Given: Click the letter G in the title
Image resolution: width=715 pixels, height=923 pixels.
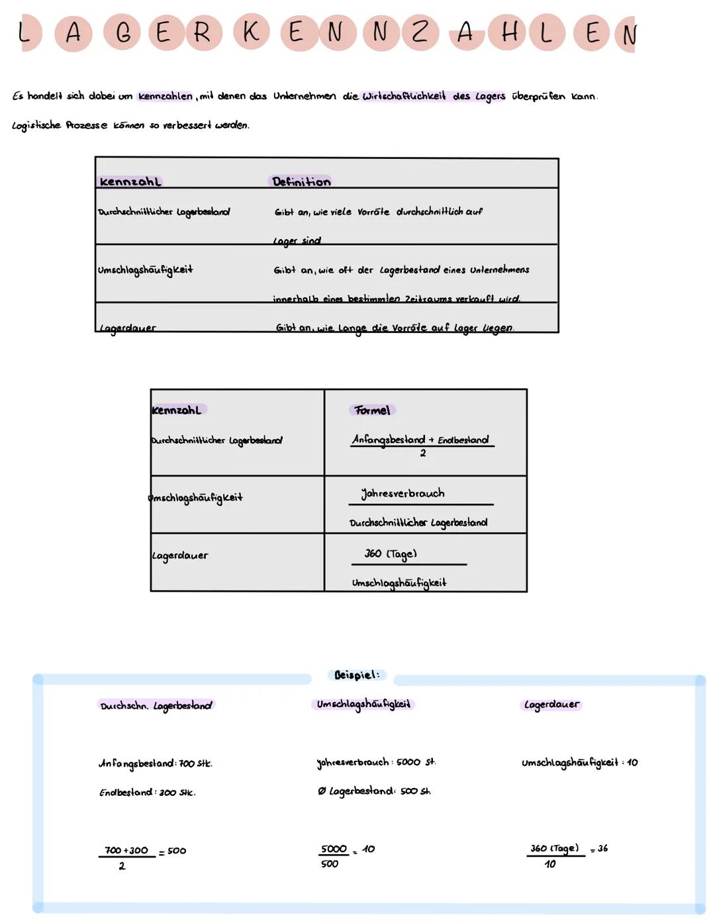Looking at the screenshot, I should pyautogui.click(x=124, y=32).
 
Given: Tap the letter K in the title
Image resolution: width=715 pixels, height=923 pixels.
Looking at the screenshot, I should pyautogui.click(x=251, y=31).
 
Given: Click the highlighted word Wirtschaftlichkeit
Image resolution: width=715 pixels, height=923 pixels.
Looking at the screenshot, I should pyautogui.click(x=404, y=96).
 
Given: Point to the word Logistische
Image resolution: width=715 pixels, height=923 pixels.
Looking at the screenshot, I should pyautogui.click(x=36, y=125).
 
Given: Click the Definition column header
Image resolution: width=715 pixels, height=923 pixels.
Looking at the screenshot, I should pyautogui.click(x=301, y=181).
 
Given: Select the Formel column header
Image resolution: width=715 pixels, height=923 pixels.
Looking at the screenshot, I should pyautogui.click(x=372, y=411).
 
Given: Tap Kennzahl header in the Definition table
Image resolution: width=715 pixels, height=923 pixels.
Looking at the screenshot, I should pyautogui.click(x=130, y=181).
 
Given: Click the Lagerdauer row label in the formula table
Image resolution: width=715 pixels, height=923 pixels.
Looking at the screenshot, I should pyautogui.click(x=179, y=556).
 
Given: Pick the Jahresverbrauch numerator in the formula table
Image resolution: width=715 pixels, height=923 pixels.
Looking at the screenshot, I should pyautogui.click(x=403, y=493).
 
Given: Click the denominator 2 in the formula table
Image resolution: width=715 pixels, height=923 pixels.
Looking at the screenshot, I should pyautogui.click(x=423, y=454).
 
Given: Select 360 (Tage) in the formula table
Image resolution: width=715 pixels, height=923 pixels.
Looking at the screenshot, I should pyautogui.click(x=391, y=554).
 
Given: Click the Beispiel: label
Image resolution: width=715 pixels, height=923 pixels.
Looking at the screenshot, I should pyautogui.click(x=357, y=675).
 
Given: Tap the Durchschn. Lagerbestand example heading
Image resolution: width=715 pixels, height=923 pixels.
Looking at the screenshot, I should pyautogui.click(x=156, y=706).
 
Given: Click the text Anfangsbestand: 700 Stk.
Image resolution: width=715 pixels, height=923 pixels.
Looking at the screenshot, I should pyautogui.click(x=156, y=763).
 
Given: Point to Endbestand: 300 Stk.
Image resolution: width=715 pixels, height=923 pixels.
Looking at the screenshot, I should pyautogui.click(x=148, y=793).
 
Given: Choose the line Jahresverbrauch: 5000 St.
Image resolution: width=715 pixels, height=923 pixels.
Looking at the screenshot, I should pyautogui.click(x=376, y=762).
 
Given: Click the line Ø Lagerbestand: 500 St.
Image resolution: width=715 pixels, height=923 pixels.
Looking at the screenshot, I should pyautogui.click(x=374, y=791).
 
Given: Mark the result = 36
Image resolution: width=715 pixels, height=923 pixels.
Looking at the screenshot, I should pyautogui.click(x=599, y=848).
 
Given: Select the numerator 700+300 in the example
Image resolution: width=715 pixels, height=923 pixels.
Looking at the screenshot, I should pyautogui.click(x=126, y=850).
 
